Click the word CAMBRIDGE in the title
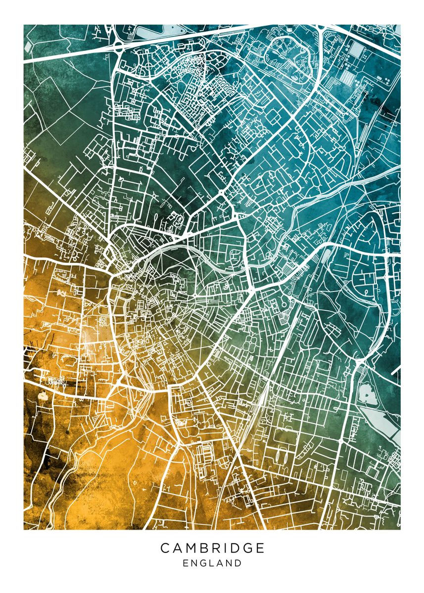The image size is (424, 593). point(212,548)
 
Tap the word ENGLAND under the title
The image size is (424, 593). point(212,563)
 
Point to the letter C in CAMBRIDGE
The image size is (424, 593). point(165,548)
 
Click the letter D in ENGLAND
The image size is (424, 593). point(238,563)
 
